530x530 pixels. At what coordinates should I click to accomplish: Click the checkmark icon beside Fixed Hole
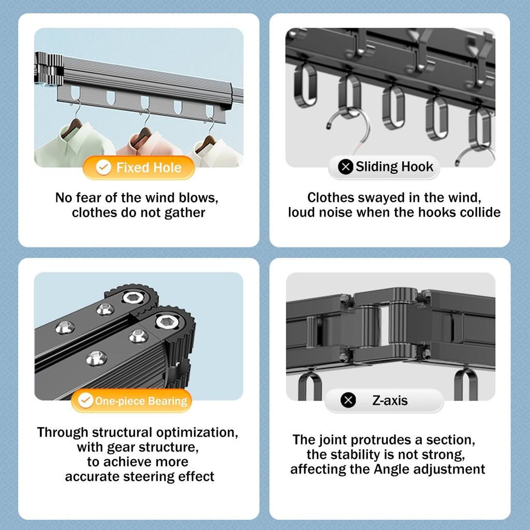(104, 167)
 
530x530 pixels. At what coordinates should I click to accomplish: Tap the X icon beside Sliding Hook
(345, 167)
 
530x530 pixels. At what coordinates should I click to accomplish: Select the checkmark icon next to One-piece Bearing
(85, 400)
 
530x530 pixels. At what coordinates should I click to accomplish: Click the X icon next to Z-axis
(348, 400)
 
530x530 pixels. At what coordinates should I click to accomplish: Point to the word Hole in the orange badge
(168, 168)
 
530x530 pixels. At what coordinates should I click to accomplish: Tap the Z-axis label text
(390, 401)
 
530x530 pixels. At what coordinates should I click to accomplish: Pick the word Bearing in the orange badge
(168, 401)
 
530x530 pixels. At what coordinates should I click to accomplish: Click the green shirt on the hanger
(75, 145)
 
